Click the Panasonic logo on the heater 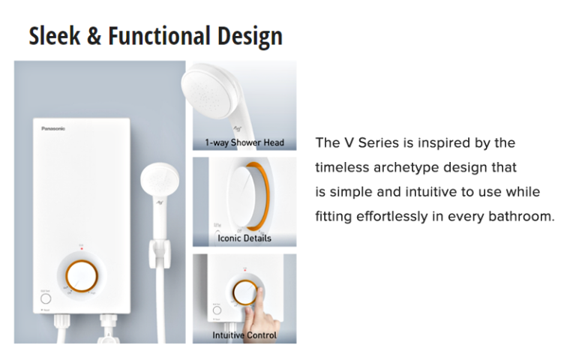pos(53,128)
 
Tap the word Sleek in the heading pos(54,36)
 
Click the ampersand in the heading pos(94,36)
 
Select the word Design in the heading pos(250,37)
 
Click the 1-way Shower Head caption pos(244,142)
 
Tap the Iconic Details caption pos(244,238)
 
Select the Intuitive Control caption pos(244,335)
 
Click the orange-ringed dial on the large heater pos(82,276)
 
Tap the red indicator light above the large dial pos(82,249)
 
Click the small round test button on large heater pos(46,298)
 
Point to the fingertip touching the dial pos(259,291)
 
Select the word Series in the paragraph pos(378,142)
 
